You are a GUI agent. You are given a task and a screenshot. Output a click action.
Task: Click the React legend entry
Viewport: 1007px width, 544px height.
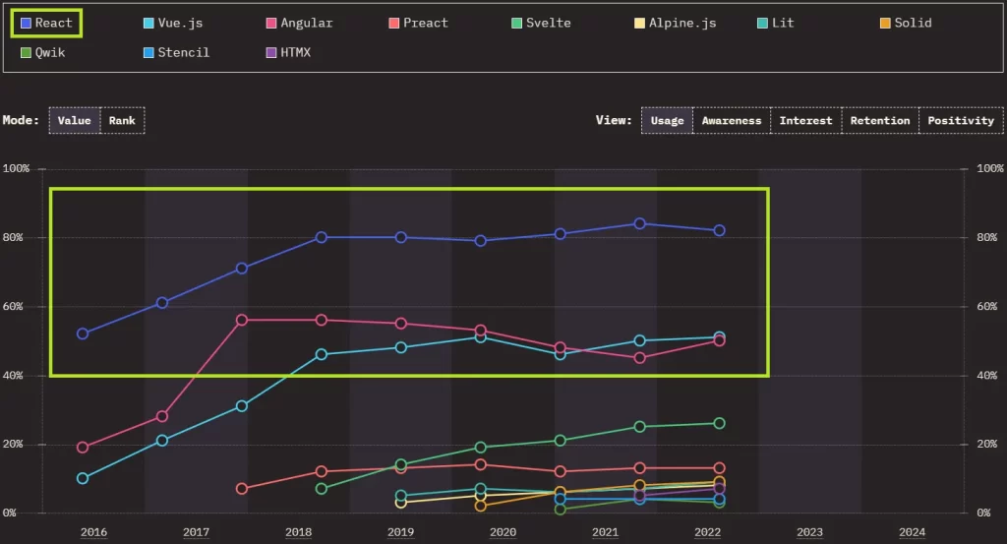[46, 23]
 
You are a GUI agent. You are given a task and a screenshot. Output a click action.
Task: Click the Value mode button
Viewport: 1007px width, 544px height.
[75, 120]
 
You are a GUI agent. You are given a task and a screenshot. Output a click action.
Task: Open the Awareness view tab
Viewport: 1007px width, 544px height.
[731, 120]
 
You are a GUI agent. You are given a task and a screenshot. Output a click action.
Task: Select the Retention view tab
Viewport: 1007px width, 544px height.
[879, 120]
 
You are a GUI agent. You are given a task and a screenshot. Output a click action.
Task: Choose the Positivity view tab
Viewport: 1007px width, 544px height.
[961, 120]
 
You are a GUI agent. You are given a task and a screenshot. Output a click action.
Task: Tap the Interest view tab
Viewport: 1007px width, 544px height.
[805, 120]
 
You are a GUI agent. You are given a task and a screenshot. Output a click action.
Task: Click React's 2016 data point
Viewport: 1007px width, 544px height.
[83, 333]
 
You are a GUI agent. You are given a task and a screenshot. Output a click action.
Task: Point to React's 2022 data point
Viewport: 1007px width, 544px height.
[719, 230]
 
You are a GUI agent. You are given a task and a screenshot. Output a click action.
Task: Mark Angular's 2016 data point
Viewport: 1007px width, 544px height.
[83, 447]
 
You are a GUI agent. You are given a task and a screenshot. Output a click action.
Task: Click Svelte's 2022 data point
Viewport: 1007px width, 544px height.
[719, 423]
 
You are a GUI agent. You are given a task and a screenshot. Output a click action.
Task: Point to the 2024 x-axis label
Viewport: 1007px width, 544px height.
[912, 532]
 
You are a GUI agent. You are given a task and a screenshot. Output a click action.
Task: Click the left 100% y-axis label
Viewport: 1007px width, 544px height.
[18, 169]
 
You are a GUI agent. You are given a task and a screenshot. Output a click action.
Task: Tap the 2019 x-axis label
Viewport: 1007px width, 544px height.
[400, 532]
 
